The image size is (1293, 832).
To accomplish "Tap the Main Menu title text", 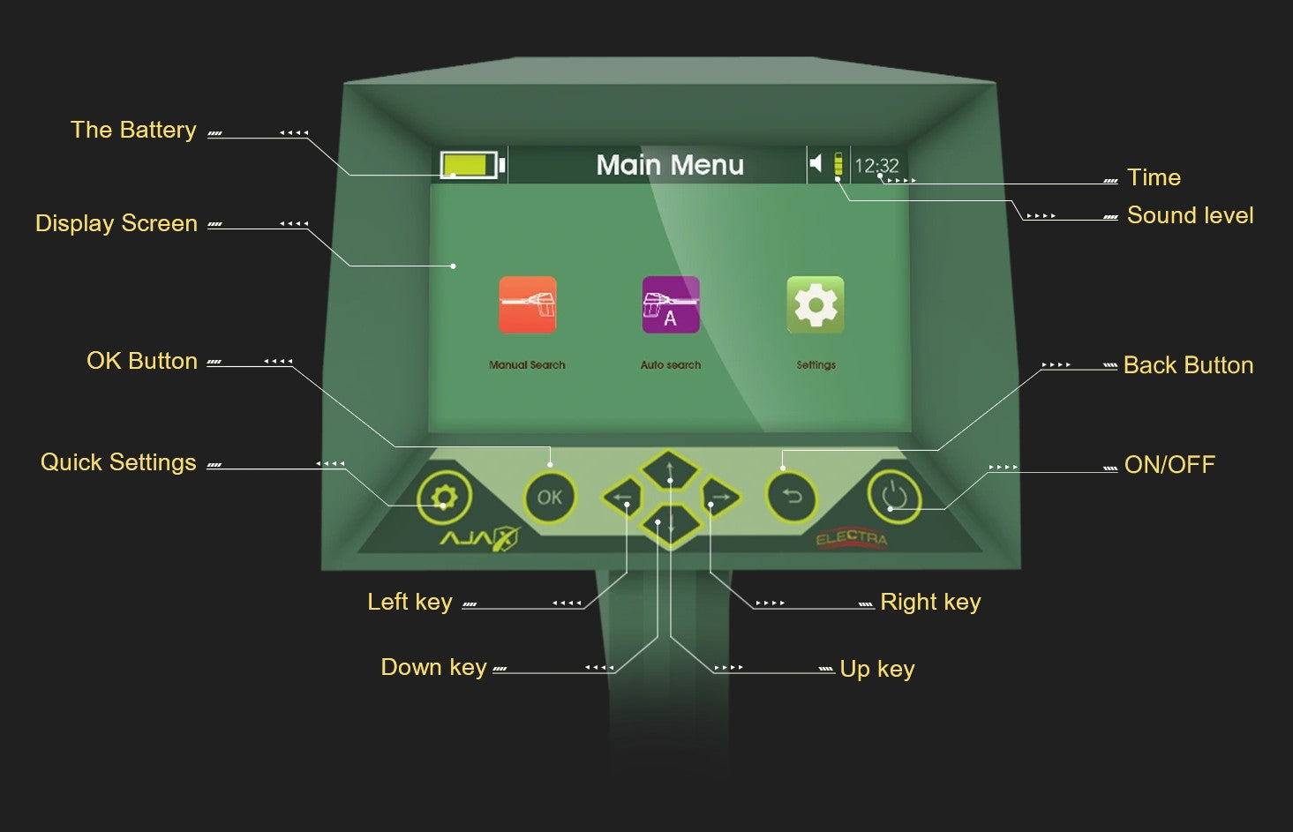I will pos(670,165).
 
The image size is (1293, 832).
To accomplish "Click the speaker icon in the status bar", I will pos(816,163).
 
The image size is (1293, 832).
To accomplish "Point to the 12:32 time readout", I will pos(876,166).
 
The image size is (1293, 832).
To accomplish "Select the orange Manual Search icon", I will pos(527,305).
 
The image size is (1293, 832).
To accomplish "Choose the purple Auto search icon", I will pos(671,305).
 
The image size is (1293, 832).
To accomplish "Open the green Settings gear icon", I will pos(816,305).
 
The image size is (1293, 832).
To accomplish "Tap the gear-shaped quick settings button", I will pos(444,498).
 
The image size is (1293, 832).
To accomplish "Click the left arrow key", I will pos(622,498).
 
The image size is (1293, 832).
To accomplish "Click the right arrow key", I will pos(720,498).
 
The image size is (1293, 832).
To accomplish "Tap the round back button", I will pos(792,498).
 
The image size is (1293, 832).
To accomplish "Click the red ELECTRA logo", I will pos(852,538).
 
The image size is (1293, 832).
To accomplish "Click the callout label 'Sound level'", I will pos(1190,215).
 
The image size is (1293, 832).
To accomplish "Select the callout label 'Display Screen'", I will pos(117,223).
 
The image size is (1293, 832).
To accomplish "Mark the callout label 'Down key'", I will pos(433,667).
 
